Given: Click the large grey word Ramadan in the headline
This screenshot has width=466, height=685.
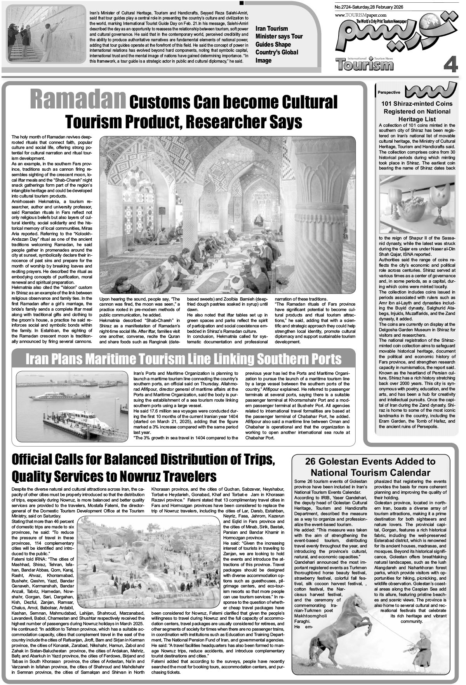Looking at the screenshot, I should (x=78, y=100).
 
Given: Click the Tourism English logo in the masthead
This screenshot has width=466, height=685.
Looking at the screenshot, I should (x=365, y=64).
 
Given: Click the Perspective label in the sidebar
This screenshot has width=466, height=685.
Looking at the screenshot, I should (x=389, y=93).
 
